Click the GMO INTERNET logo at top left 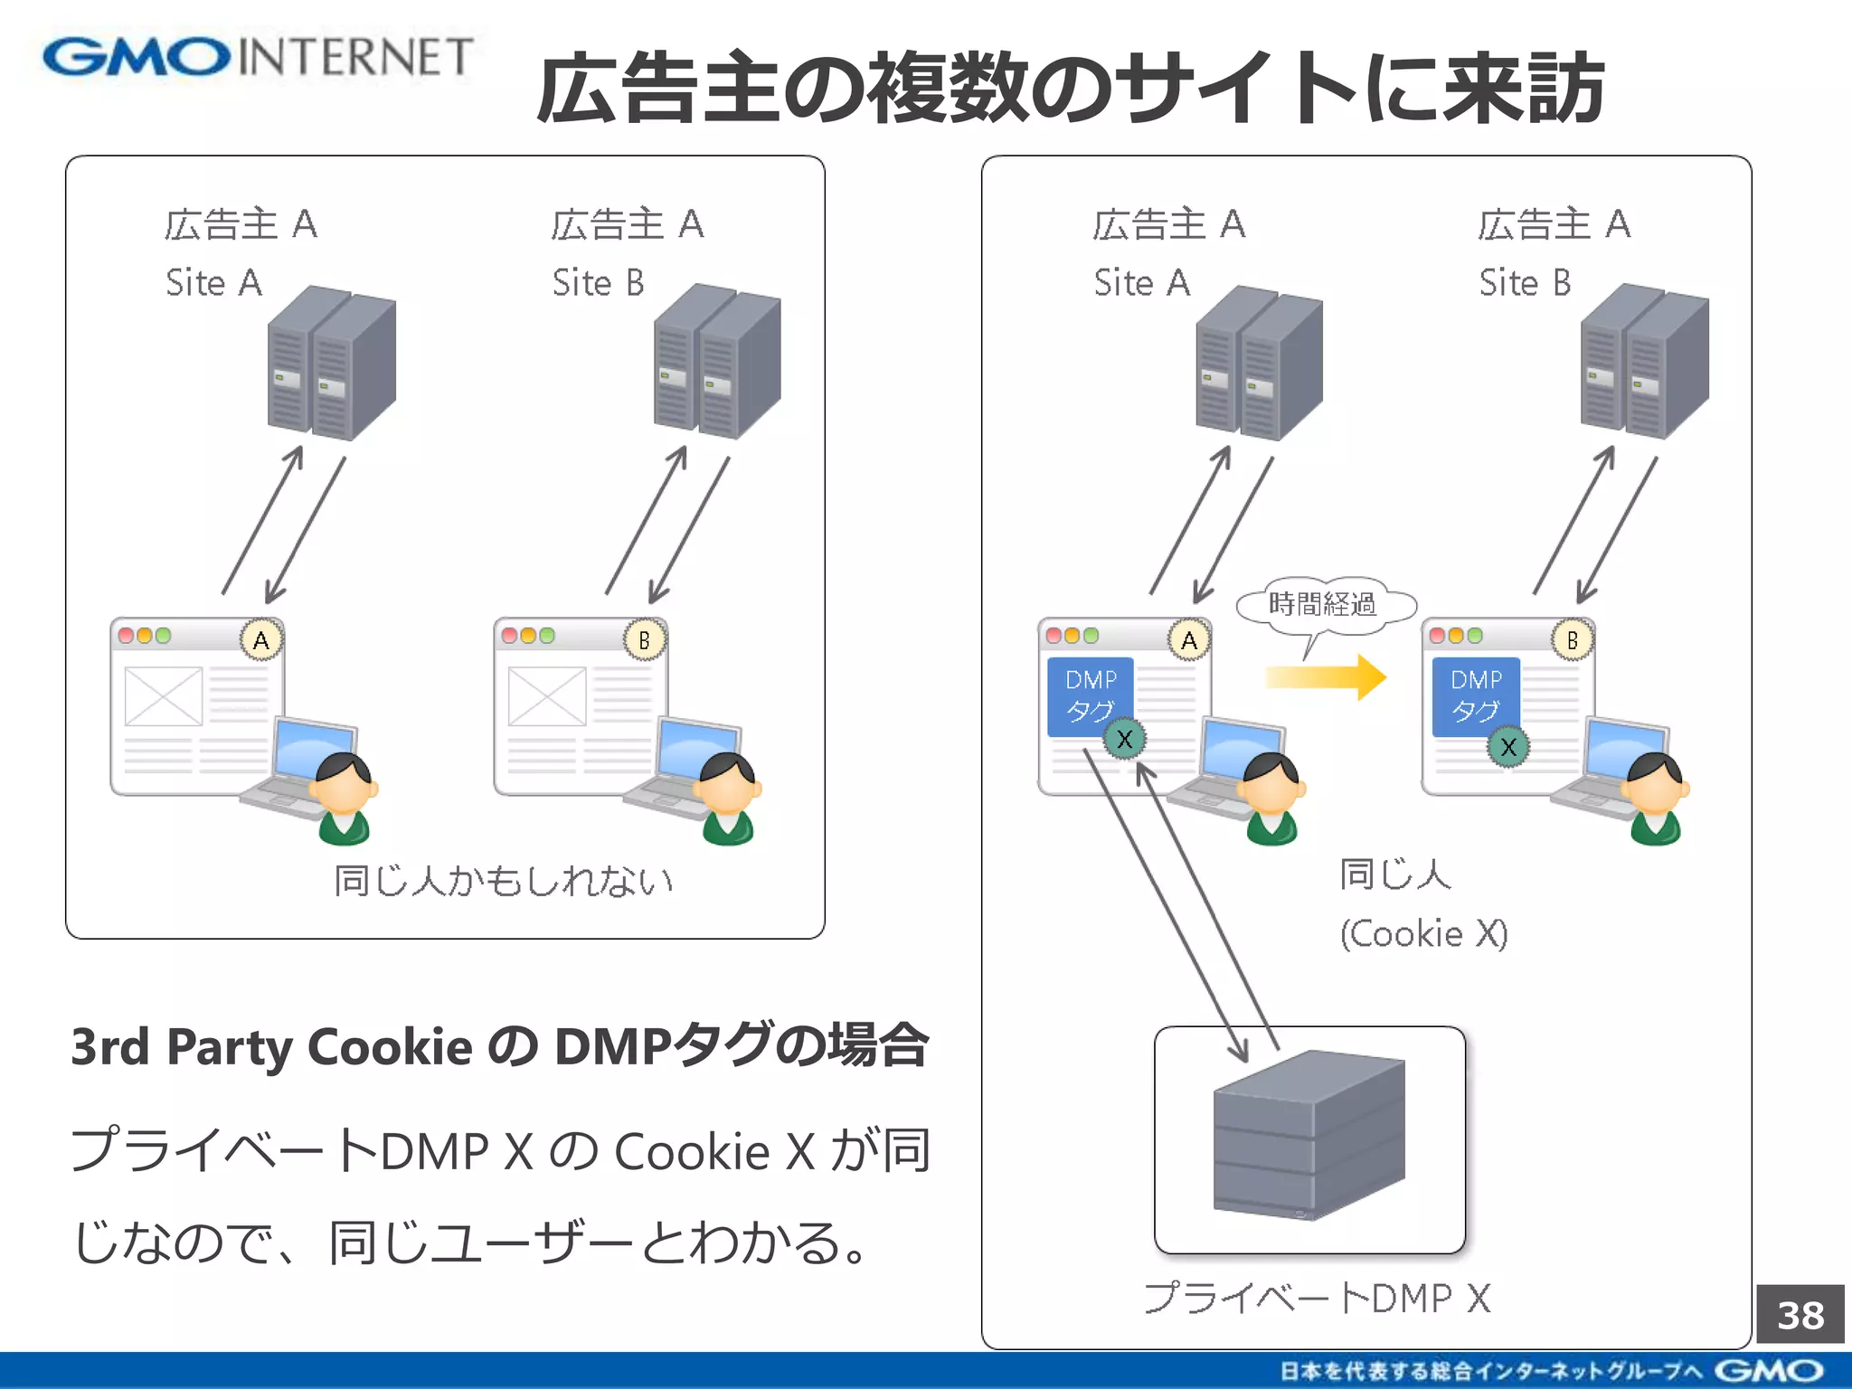[x=258, y=57]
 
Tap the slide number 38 [x=1800, y=1315]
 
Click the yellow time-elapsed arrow [x=1326, y=676]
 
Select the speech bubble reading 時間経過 [x=1323, y=604]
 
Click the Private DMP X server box [x=1309, y=1139]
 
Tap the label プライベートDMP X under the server [x=1316, y=1299]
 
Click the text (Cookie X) [x=1423, y=933]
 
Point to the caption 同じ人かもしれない [x=503, y=880]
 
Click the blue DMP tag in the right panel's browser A [x=1090, y=694]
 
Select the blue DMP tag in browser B [x=1475, y=694]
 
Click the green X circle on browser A [x=1124, y=740]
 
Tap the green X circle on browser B [x=1507, y=747]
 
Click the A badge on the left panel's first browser [x=261, y=640]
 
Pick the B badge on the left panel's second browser [x=645, y=640]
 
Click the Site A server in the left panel [x=331, y=364]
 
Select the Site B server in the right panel [x=1644, y=362]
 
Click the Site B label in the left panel [x=598, y=283]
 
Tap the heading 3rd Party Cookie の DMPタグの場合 [x=499, y=1046]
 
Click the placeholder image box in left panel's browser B [x=546, y=696]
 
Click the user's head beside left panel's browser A [x=344, y=782]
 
